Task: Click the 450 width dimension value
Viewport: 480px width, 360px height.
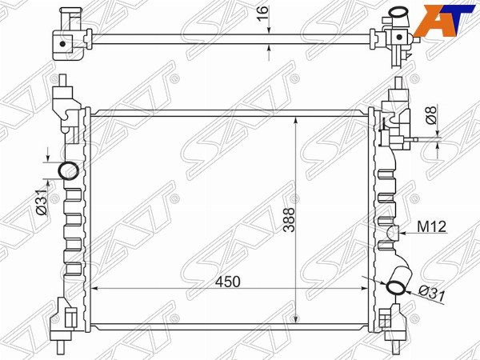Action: pyautogui.click(x=227, y=282)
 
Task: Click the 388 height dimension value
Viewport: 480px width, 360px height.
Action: pyautogui.click(x=289, y=220)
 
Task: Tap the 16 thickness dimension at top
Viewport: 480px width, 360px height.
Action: pyautogui.click(x=262, y=13)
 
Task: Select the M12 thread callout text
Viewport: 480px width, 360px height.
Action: pyautogui.click(x=432, y=227)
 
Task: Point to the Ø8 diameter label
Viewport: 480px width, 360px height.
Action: pyautogui.click(x=430, y=115)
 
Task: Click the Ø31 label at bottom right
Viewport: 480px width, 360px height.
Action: pyautogui.click(x=431, y=294)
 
